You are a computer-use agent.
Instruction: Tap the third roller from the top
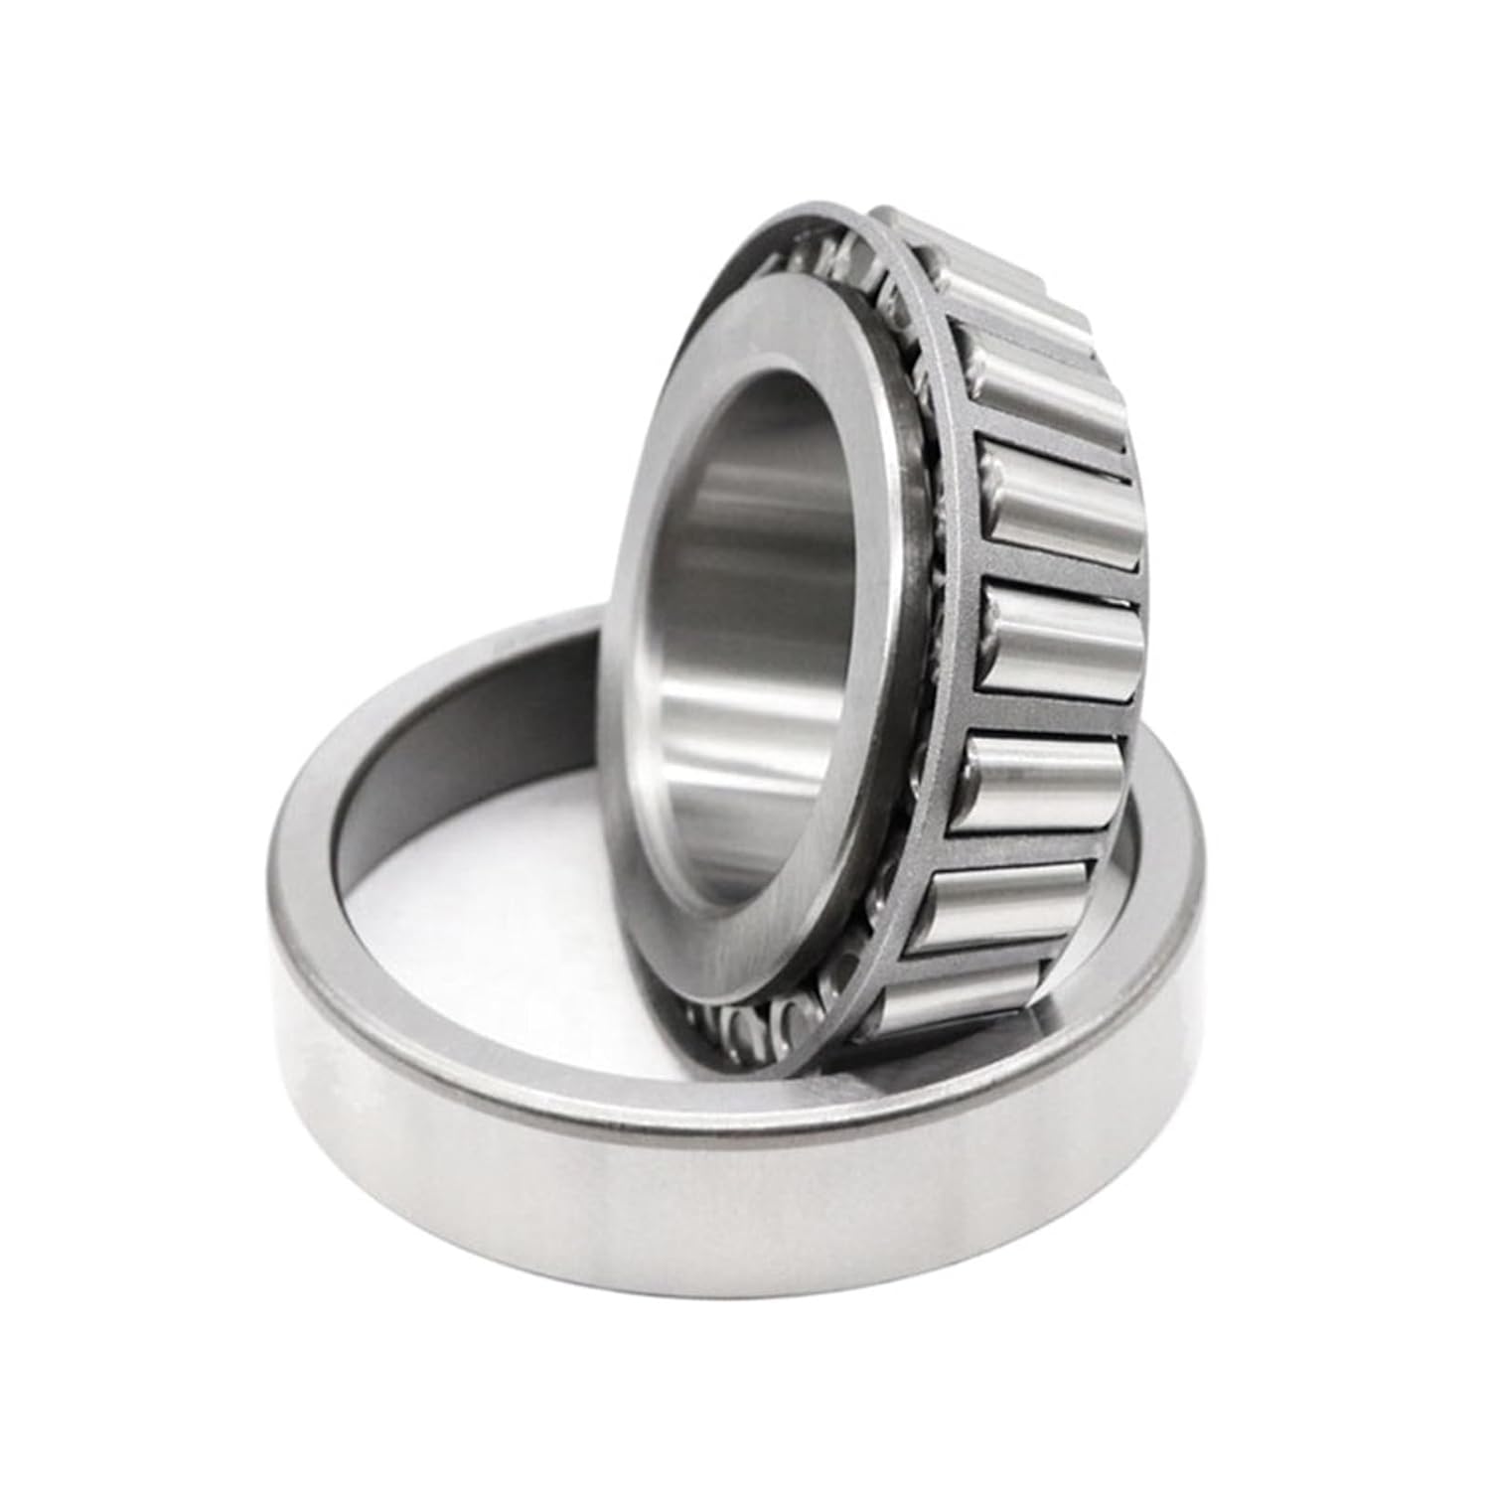(1058, 502)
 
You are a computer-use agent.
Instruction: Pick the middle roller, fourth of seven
(1063, 636)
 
